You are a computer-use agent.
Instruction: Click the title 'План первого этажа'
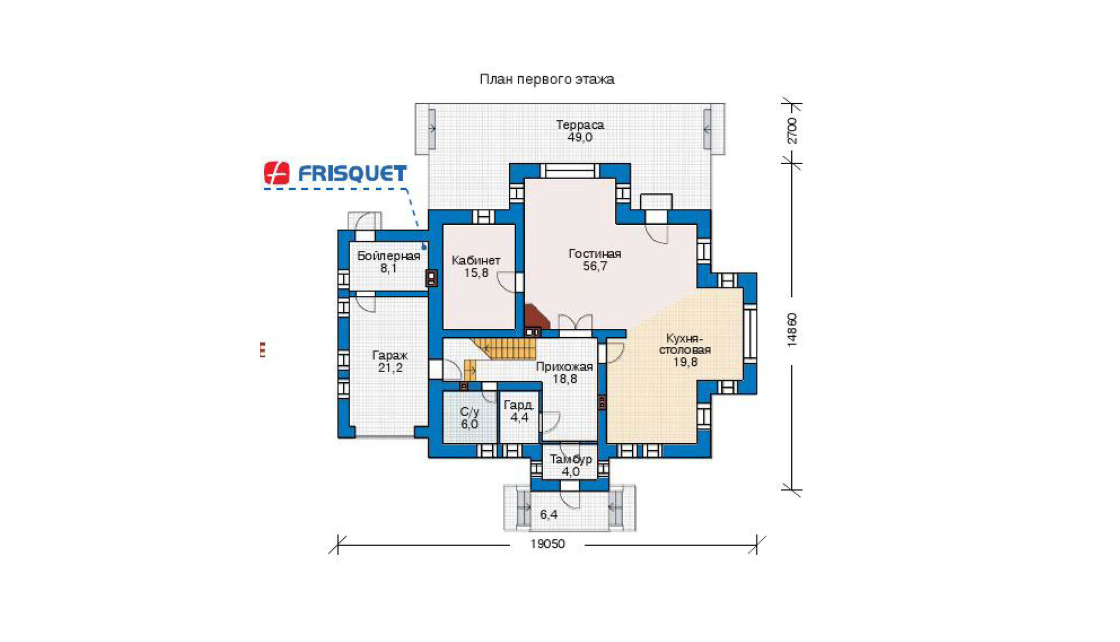click(547, 80)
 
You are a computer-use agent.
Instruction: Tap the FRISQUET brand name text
click(352, 174)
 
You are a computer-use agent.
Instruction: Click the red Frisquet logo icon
click(277, 173)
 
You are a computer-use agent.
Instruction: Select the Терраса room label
click(580, 124)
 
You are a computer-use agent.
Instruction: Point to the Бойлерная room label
click(389, 256)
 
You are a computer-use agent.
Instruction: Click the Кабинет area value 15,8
click(476, 273)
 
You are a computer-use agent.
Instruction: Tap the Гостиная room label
click(595, 253)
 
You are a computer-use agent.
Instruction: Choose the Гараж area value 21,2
click(390, 367)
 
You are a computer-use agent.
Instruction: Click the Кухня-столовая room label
click(685, 344)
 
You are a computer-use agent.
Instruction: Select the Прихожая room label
click(564, 367)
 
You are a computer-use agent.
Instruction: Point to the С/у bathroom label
click(469, 412)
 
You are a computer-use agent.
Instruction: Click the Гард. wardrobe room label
click(519, 405)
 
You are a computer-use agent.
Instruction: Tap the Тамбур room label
click(571, 459)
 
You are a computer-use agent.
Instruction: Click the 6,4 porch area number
click(549, 514)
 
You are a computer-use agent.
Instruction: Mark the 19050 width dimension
click(548, 544)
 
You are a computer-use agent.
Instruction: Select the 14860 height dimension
click(792, 330)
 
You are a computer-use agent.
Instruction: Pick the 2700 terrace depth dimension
click(792, 131)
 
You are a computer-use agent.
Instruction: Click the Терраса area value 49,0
click(580, 137)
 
